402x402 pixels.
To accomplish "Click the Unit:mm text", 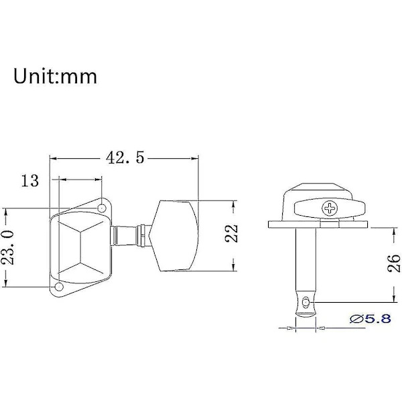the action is [55, 76].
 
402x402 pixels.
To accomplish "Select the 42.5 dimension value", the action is [125, 157].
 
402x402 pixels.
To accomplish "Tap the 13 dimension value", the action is [30, 180].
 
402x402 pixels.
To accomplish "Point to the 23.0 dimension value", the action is [7, 247].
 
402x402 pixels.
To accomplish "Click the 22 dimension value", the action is [232, 234].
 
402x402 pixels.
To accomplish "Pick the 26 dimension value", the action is [394, 263].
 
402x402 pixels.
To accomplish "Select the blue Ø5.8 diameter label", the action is [371, 319].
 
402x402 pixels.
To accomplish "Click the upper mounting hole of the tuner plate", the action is [102, 208].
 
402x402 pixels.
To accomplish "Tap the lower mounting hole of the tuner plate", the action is [59, 286].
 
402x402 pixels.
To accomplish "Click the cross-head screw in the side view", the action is [329, 208].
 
